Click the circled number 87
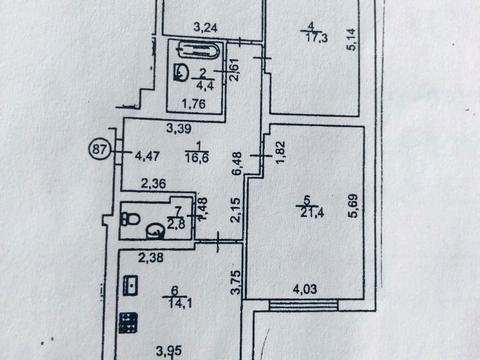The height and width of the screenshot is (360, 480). pos(99,149)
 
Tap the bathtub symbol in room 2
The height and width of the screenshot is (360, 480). pos(199,50)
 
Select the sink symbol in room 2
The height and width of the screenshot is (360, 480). pos(181,72)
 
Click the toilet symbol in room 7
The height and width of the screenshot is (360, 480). pos(130,219)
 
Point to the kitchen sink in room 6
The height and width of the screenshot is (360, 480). pos(130,285)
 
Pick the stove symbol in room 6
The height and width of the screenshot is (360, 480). pos(128,322)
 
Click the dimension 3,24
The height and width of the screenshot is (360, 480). pos(205,27)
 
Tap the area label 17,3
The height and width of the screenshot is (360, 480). pos(316,38)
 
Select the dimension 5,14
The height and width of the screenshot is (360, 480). pos(352,39)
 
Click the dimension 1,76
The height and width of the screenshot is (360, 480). pos(194,104)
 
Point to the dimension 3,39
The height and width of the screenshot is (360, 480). pos(179,128)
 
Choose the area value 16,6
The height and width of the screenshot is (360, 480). pos(197,157)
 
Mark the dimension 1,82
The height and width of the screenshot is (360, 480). pos(280,152)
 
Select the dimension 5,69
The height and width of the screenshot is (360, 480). pos(353,206)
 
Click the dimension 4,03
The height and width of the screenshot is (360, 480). pos(305,289)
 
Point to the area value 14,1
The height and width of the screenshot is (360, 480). pos(180,303)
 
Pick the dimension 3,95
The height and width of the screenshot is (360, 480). pos(169,351)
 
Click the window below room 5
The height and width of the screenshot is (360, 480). pos(304,305)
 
